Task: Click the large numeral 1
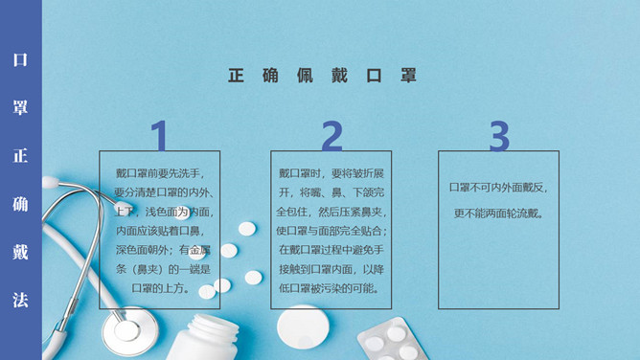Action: [x=160, y=135]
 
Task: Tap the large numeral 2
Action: [x=331, y=136]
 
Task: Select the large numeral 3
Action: [x=499, y=136]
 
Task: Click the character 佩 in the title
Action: [x=305, y=76]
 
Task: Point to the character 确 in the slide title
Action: [x=270, y=76]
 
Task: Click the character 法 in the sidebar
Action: [x=20, y=300]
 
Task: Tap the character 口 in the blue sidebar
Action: [x=20, y=59]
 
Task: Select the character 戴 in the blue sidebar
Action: [x=20, y=252]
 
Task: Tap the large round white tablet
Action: [x=303, y=327]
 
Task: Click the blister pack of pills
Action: [x=393, y=340]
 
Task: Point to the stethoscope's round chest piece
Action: [x=129, y=330]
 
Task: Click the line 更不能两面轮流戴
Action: [x=498, y=214]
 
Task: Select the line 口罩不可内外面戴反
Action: [x=498, y=188]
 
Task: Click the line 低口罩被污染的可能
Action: [x=331, y=288]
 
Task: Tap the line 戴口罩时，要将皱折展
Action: [x=331, y=173]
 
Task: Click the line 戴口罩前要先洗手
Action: [x=160, y=173]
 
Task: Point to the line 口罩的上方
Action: [x=161, y=288]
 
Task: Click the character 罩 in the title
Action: [x=408, y=76]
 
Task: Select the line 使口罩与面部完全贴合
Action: [x=331, y=231]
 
